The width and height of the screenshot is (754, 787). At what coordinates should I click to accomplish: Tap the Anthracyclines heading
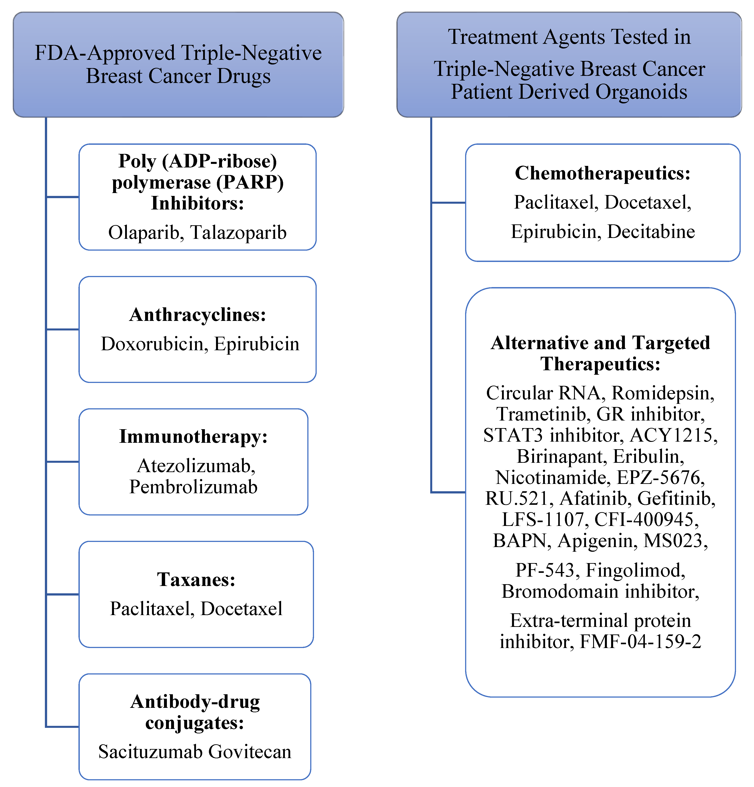click(197, 315)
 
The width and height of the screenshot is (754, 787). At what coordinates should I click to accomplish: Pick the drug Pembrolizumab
click(193, 487)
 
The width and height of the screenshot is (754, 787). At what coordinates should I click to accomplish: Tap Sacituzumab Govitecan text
click(195, 752)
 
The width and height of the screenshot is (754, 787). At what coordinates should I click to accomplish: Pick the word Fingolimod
click(635, 570)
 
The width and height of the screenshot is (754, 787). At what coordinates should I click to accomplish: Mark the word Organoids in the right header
click(641, 92)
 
